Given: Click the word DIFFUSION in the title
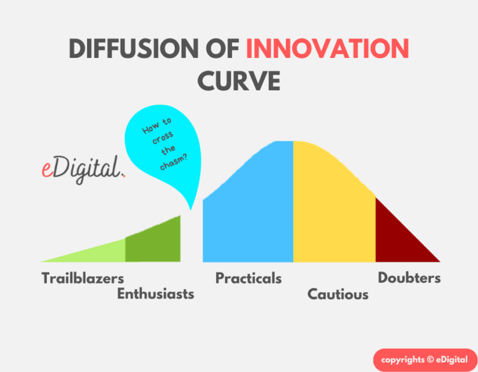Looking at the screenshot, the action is coord(134,49).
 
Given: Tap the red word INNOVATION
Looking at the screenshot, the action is coord(327,49).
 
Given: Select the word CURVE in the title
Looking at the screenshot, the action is coord(239,80).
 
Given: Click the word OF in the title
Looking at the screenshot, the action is coord(222,49).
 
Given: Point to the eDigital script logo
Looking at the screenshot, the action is coord(83,169).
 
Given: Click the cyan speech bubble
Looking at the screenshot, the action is coord(163,150).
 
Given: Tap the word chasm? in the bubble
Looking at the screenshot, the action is coord(174,162).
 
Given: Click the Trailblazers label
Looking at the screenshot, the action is coord(83,279).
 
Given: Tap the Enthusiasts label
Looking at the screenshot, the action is coord(156,294).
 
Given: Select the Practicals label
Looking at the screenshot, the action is coord(248,279).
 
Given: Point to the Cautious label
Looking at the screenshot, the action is coord(338,295).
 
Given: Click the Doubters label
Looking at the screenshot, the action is coord(409,278).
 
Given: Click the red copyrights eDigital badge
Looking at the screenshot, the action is coord(425,360).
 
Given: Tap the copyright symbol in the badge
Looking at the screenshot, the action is coord(431,359).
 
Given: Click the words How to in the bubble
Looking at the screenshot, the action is coord(157,125).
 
